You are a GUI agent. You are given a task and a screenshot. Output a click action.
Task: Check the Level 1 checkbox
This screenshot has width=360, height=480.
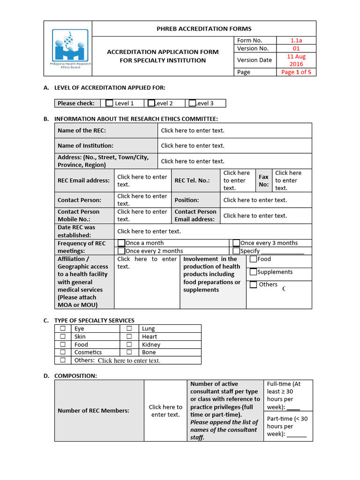pyautogui.click(x=109, y=103)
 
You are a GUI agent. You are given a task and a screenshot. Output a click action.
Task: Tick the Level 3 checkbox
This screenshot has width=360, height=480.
pyautogui.click(x=192, y=103)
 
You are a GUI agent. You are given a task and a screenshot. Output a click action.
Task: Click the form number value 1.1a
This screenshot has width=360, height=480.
pyautogui.click(x=296, y=40)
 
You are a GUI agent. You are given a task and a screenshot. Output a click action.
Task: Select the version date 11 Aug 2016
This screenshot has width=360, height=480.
pyautogui.click(x=296, y=60)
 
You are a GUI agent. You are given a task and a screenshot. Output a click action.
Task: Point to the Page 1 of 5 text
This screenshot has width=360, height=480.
pyautogui.click(x=296, y=72)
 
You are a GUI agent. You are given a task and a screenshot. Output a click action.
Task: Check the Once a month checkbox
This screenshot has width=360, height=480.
pyautogui.click(x=121, y=243)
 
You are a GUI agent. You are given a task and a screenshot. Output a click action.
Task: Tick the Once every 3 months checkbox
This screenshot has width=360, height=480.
pyautogui.click(x=236, y=243)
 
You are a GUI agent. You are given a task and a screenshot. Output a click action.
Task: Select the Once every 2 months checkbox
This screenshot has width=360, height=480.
pyautogui.click(x=121, y=251)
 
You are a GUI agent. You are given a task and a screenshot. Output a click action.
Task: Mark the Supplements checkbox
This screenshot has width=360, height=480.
pyautogui.click(x=253, y=272)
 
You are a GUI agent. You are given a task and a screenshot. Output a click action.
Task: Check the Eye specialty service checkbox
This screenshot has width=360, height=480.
pyautogui.click(x=62, y=329)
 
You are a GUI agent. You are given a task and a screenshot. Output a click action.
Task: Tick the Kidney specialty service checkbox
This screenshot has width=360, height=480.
pyautogui.click(x=129, y=345)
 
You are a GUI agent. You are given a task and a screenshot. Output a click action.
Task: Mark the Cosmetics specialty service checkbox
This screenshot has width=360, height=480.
pyautogui.click(x=62, y=352)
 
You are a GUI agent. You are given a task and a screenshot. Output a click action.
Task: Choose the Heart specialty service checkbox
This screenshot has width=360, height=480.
pyautogui.click(x=129, y=337)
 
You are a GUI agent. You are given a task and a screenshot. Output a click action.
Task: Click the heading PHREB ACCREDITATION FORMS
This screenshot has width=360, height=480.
pyautogui.click(x=204, y=29)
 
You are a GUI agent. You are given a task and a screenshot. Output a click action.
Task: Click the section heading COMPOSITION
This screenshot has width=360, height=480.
pyautogui.click(x=76, y=376)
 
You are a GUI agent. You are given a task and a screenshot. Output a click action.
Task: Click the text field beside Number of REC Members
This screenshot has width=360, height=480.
pyautogui.click(x=165, y=411)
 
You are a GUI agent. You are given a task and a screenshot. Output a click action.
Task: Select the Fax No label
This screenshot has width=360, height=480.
pyautogui.click(x=264, y=180)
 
